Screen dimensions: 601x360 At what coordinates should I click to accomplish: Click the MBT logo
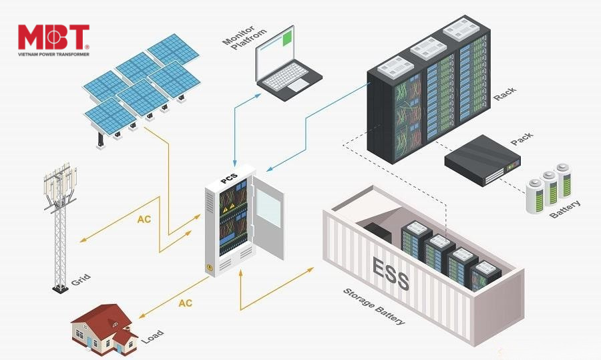[53, 40]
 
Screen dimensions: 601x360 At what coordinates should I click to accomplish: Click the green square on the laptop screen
[288, 39]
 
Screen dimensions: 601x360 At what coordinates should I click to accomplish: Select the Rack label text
[504, 94]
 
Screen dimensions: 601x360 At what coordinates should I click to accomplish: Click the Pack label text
[522, 138]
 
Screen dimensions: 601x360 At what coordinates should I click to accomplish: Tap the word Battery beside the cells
[564, 209]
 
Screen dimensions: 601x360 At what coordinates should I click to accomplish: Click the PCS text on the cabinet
[229, 178]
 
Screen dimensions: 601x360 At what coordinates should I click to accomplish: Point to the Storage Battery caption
[374, 307]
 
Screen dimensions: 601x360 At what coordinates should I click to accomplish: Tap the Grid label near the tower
[81, 280]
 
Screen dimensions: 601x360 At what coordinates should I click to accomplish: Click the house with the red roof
[104, 330]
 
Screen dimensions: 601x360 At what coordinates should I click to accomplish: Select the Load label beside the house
[152, 337]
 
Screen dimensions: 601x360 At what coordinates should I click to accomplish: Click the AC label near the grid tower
[144, 219]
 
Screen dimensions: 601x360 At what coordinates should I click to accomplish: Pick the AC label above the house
[185, 303]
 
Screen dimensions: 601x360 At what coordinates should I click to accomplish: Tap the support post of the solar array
[100, 140]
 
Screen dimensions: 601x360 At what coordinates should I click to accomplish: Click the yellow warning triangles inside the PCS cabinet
[228, 208]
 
